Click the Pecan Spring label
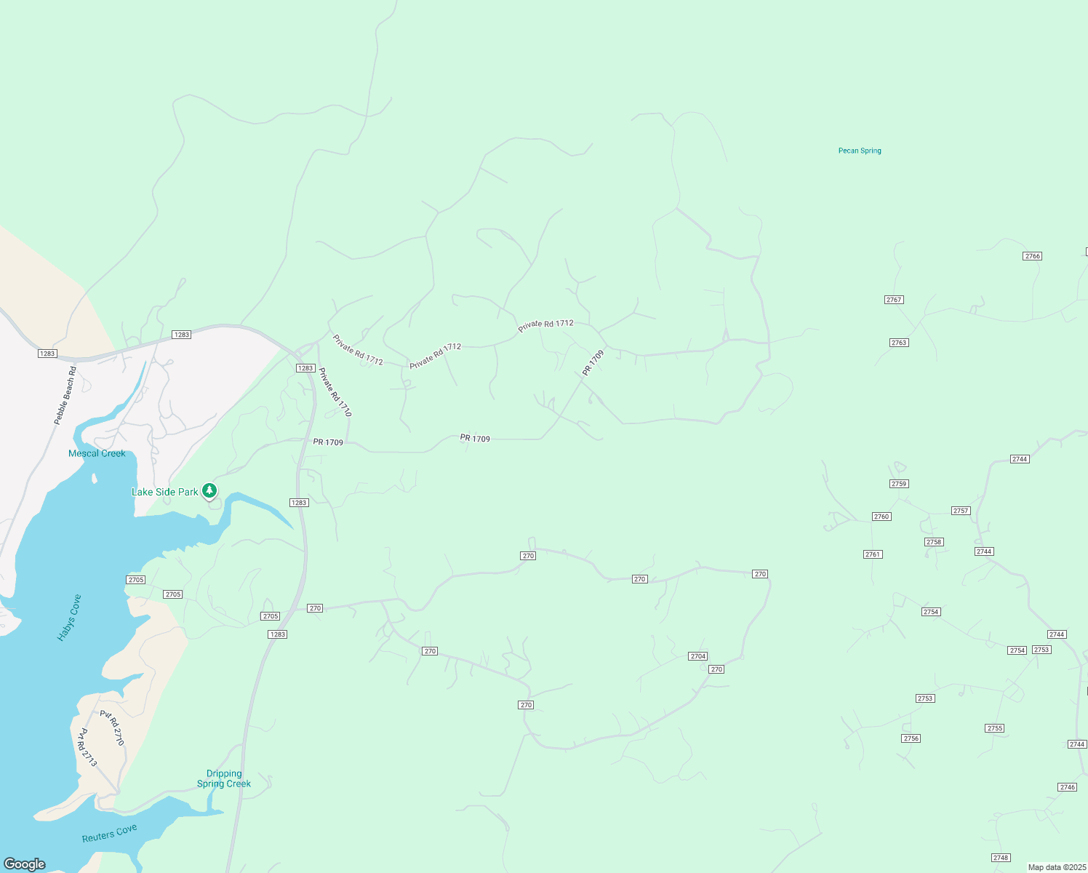click(860, 151)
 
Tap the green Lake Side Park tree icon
click(209, 491)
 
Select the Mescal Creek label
click(97, 453)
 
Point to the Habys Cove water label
click(69, 618)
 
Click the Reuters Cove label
click(109, 833)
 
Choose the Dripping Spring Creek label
click(224, 778)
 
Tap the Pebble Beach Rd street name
click(65, 396)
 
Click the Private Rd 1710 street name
click(335, 391)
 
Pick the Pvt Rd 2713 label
click(87, 747)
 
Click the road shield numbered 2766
click(1032, 256)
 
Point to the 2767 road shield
click(894, 300)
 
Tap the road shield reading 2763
click(899, 343)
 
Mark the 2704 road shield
click(698, 656)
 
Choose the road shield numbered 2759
click(899, 484)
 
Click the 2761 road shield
click(873, 554)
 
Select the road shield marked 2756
click(911, 738)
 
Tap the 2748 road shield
click(1001, 858)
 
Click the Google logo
click(25, 864)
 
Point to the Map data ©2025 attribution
click(1057, 867)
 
